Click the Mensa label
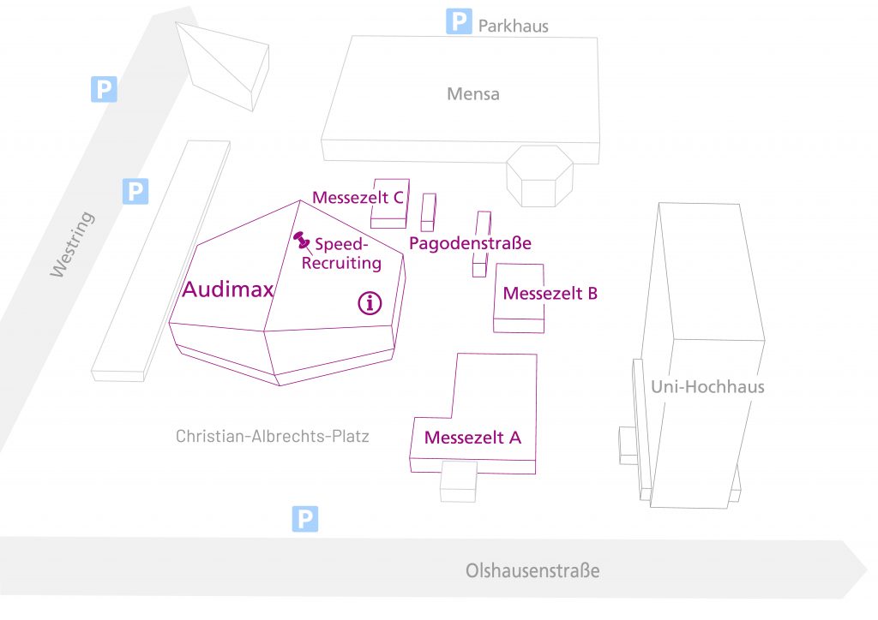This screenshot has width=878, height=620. [472, 94]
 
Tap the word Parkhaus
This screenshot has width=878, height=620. [513, 26]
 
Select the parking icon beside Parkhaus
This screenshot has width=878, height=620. [460, 21]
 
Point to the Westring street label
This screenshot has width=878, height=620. [72, 244]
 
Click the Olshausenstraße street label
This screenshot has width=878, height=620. [532, 570]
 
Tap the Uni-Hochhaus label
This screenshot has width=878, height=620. [707, 387]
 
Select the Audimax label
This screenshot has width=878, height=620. [227, 290]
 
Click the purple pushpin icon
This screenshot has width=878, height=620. [301, 241]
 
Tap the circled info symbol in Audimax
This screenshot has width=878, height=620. [370, 302]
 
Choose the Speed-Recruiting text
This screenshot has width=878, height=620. [341, 253]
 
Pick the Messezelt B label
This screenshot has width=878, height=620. [550, 294]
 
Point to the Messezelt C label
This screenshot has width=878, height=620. [358, 198]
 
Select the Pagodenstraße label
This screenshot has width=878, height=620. [470, 243]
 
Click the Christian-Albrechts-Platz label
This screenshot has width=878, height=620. [272, 436]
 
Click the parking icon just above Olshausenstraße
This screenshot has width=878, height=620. [305, 518]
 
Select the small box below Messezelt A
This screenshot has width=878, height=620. [458, 483]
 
